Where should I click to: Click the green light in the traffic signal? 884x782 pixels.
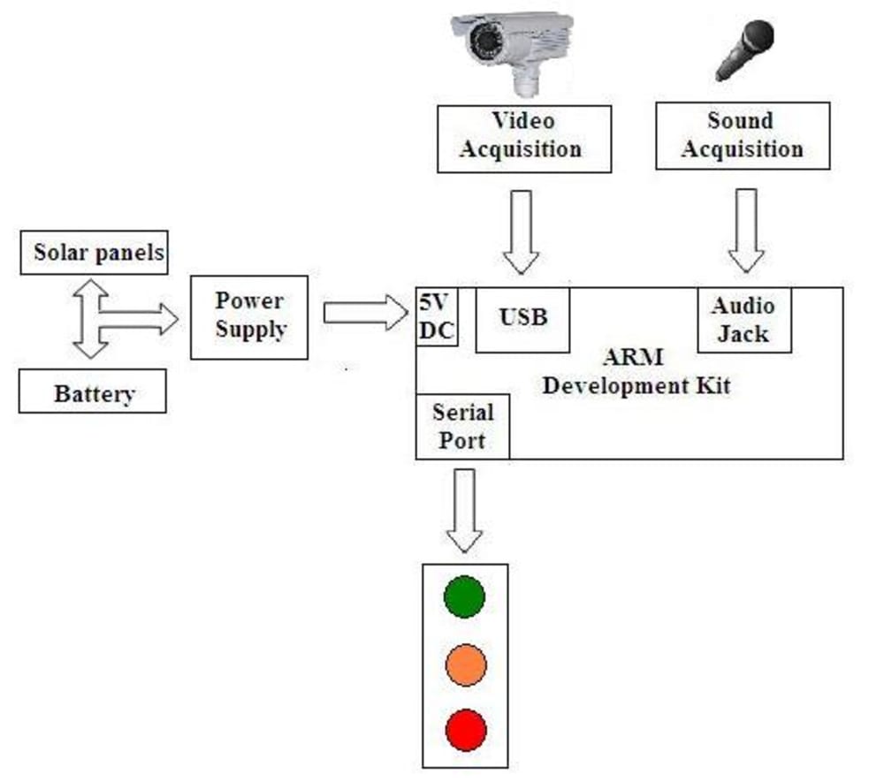tap(464, 596)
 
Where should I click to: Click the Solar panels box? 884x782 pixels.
tap(93, 252)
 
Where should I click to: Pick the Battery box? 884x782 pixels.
tap(93, 393)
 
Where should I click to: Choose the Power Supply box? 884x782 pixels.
tap(249, 316)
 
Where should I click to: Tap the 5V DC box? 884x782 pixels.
tap(437, 317)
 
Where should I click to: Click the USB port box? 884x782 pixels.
tap(522, 318)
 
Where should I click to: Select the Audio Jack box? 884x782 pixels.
tap(743, 320)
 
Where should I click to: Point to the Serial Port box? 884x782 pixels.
tap(462, 426)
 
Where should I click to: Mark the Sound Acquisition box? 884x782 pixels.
tap(743, 135)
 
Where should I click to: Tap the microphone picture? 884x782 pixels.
tap(744, 49)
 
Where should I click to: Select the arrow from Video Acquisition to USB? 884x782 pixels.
tap(521, 232)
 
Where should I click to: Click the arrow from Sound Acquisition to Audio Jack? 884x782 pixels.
tap(746, 230)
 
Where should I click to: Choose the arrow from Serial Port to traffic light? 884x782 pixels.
tap(463, 511)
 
